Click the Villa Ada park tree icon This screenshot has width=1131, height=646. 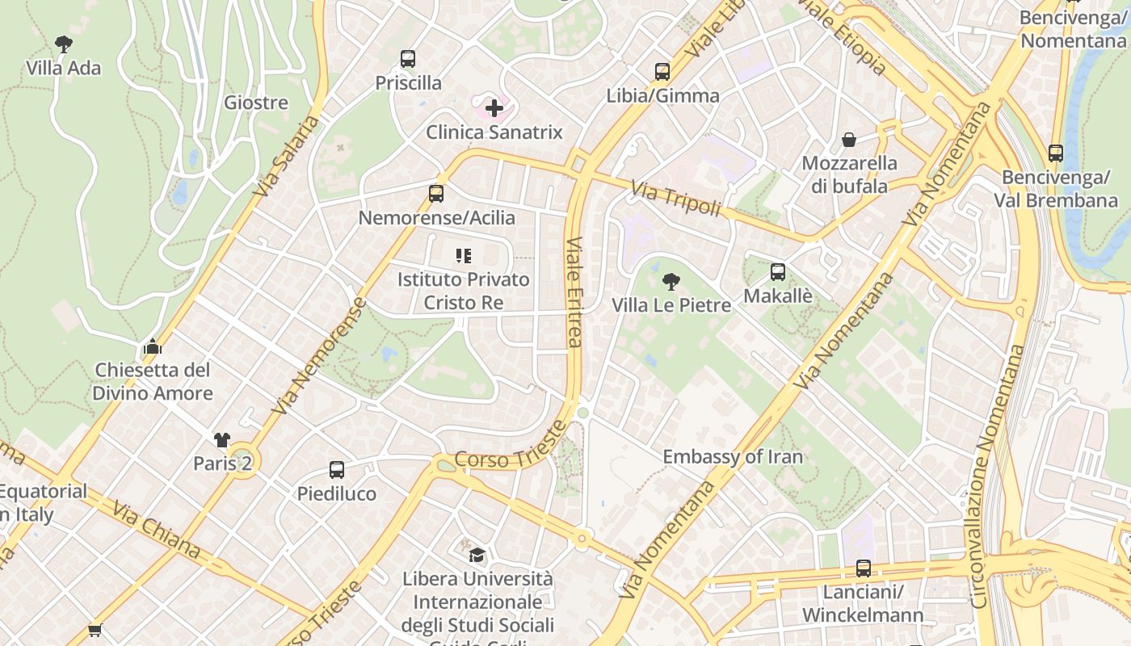(x=64, y=44)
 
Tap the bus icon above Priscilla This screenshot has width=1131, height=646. (x=408, y=59)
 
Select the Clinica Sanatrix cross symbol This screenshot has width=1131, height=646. (x=494, y=108)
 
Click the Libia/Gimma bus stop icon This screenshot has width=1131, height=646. (x=662, y=72)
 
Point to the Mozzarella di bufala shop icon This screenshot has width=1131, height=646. (x=849, y=140)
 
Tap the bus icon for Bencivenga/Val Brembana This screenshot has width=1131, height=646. (x=1055, y=153)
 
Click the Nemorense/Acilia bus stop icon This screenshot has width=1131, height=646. (x=436, y=194)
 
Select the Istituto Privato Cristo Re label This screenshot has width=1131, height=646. (x=463, y=292)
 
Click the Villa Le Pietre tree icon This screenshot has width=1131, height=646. (x=671, y=282)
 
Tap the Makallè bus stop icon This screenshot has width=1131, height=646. (x=778, y=272)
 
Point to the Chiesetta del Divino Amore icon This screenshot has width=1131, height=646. (x=153, y=346)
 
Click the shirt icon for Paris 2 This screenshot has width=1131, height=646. (x=222, y=440)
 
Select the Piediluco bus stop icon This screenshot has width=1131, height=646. (x=337, y=470)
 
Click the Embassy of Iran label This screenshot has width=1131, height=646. (x=733, y=457)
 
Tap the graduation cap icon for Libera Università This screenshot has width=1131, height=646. (x=477, y=555)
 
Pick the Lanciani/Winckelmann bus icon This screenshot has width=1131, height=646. (x=863, y=568)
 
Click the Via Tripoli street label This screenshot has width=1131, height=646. (x=675, y=199)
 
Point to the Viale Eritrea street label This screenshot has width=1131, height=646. (x=574, y=292)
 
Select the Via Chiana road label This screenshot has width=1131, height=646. (x=157, y=530)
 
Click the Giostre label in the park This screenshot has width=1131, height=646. (x=256, y=103)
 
